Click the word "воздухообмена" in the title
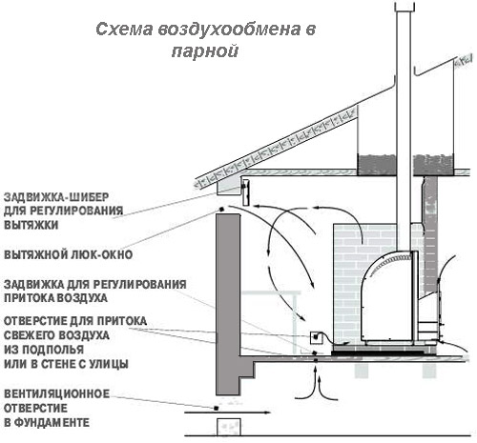click(229, 30)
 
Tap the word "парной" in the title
click(205, 50)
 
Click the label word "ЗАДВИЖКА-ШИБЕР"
click(56, 197)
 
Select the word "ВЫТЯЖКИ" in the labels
click(31, 225)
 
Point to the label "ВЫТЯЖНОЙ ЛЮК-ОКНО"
click(68, 254)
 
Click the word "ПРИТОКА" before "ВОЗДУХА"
click(30, 298)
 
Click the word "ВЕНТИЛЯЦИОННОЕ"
click(56, 393)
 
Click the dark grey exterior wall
click(228, 304)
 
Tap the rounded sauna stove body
click(389, 297)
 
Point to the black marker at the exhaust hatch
click(221, 209)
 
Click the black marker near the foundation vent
click(216, 408)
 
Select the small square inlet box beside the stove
click(316, 337)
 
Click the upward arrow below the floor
click(316, 383)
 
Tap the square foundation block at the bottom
click(229, 427)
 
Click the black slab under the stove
click(380, 352)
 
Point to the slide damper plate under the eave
click(245, 192)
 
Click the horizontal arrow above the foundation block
click(228, 413)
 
